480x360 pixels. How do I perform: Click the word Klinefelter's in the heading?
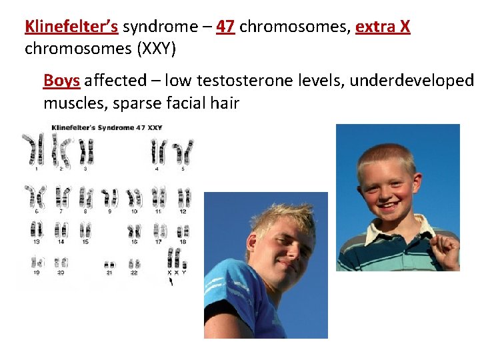click(x=71, y=27)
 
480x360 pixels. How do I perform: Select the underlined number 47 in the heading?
click(x=225, y=27)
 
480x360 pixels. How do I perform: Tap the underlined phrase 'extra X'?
click(x=383, y=27)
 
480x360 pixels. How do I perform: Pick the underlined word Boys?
click(x=61, y=81)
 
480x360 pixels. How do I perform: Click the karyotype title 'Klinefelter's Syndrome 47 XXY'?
click(x=107, y=127)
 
